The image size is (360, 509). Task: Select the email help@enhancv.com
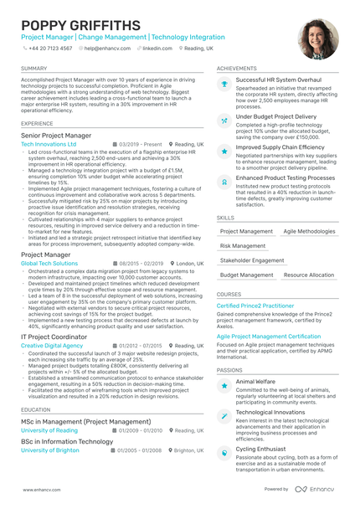coord(104,49)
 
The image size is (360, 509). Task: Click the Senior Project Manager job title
coord(56,135)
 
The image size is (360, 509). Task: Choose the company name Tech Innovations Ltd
coord(49,144)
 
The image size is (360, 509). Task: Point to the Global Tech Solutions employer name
coord(49,263)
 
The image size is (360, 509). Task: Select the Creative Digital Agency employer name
coord(52,345)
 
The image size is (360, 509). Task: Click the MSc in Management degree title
coord(86,421)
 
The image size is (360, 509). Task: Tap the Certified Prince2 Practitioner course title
coord(255,306)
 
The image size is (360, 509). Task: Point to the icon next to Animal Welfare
coord(224,385)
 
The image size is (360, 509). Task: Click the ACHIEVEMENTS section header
coord(236,68)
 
